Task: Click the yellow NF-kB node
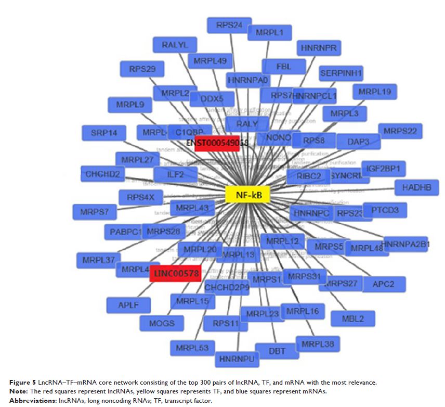247,195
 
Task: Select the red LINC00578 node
175,273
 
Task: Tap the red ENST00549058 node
217,143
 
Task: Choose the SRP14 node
104,133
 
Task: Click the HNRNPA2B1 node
405,244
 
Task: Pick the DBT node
277,351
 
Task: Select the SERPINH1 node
341,73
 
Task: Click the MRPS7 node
95,212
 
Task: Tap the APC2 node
384,284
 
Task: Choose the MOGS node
162,323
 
